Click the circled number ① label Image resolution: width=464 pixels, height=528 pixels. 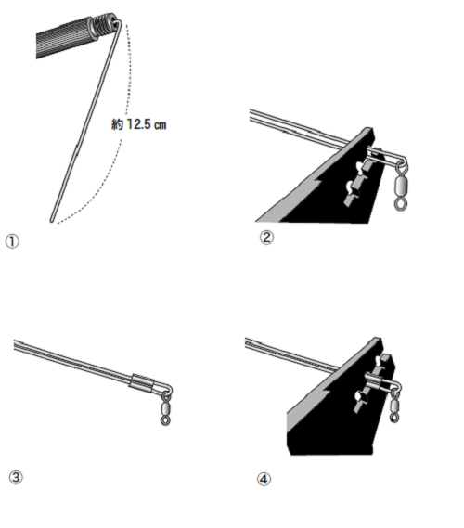pos(12,241)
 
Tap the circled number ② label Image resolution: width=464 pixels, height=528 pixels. pos(266,238)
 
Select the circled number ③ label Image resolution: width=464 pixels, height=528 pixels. pos(16,478)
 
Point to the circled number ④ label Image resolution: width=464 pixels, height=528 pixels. pos(264,479)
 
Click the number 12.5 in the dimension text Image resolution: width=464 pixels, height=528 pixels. pos(137,124)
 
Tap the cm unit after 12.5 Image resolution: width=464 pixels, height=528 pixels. pos(160,125)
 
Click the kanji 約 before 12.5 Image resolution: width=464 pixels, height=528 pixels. pos(118,124)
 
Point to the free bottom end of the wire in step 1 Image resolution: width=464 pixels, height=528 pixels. pos(52,221)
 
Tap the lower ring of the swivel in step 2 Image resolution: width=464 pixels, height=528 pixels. pos(400,204)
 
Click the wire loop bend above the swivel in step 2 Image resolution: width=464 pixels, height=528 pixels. pos(403,161)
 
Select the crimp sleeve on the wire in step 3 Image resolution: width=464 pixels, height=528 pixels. pos(142,381)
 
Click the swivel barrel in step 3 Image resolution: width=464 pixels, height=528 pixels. pos(165,409)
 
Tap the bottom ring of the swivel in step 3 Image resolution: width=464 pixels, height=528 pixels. pos(165,421)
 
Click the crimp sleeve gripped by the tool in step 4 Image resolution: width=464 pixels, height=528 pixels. pos(373,380)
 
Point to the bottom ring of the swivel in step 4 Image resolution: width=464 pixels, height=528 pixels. pos(394,419)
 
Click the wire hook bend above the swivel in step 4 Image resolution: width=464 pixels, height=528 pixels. pos(397,387)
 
